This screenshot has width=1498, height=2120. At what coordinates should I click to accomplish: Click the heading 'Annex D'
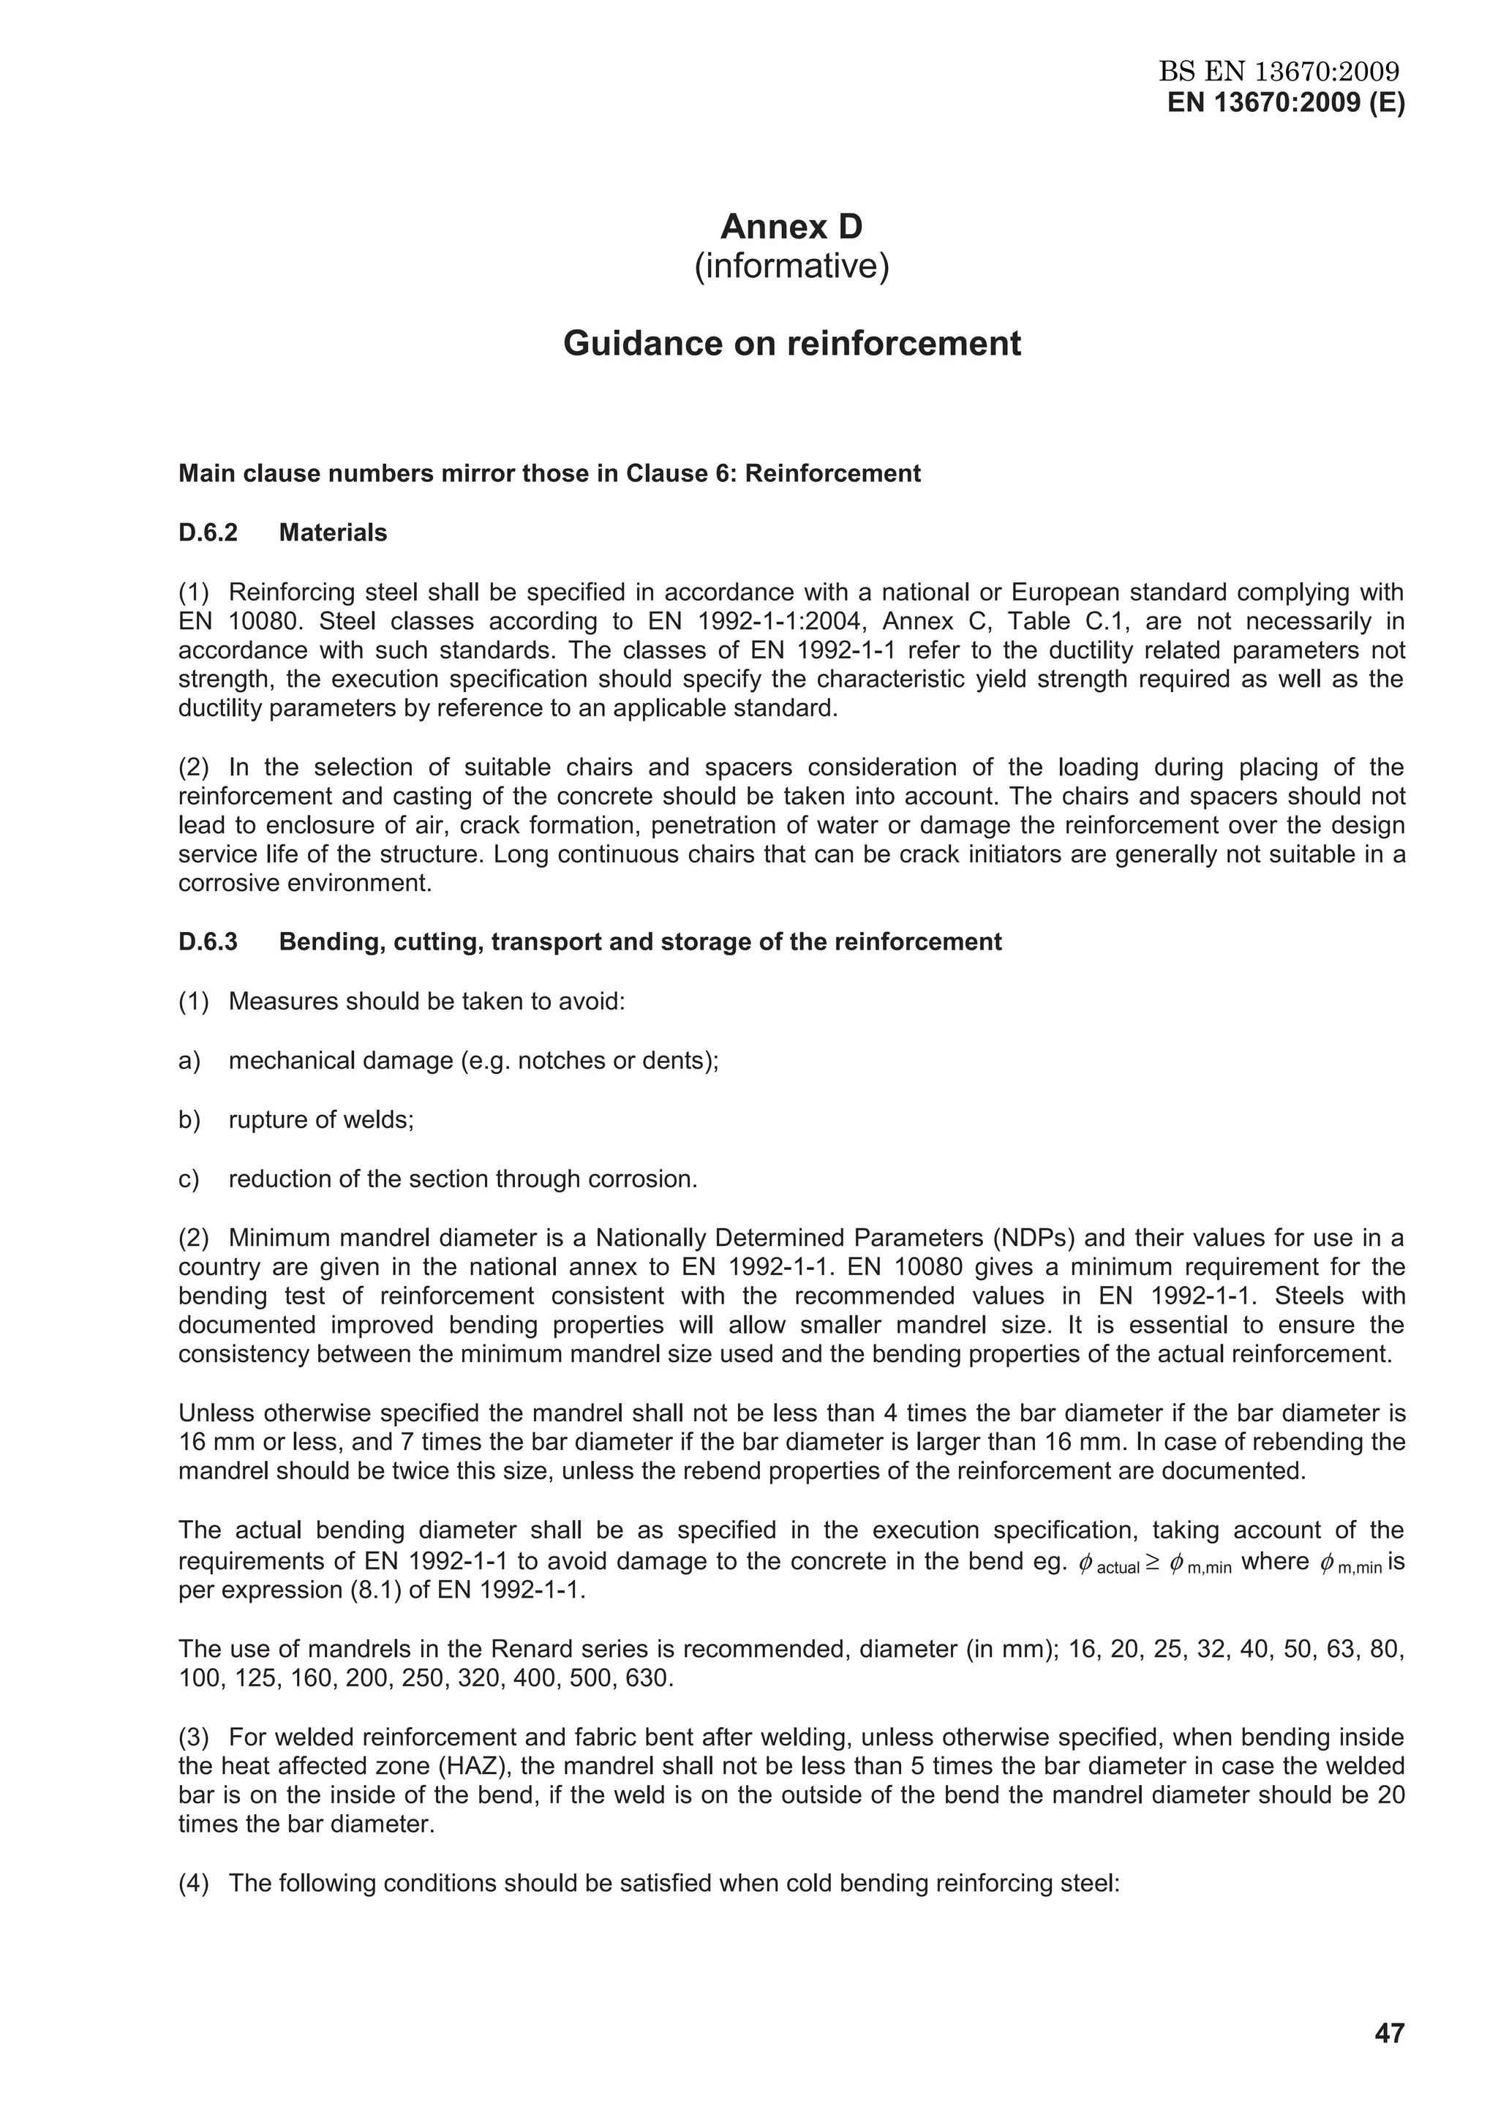pyautogui.click(x=791, y=226)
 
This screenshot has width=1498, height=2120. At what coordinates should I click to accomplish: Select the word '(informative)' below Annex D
pyautogui.click(x=791, y=266)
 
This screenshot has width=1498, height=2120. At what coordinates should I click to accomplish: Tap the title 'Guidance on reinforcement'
pyautogui.click(x=791, y=344)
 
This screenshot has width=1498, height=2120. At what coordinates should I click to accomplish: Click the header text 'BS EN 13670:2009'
pyautogui.click(x=1279, y=71)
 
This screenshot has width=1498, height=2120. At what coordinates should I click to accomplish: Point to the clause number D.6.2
pyautogui.click(x=208, y=533)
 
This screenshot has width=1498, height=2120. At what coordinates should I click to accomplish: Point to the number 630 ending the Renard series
pyautogui.click(x=649, y=1677)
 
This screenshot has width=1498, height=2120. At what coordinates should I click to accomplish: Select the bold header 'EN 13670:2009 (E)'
pyautogui.click(x=1286, y=102)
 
